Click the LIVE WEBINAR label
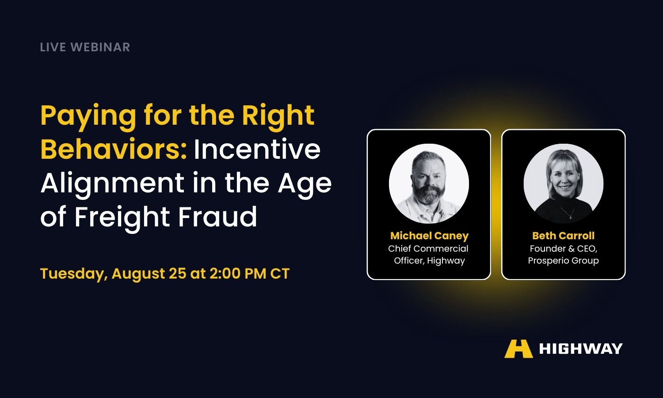pos(85,47)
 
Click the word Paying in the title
pos(88,116)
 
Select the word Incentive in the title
pos(257,149)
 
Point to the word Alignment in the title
pos(112,184)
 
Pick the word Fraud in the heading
pos(217,216)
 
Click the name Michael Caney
pos(430,236)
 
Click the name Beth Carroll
pos(563,236)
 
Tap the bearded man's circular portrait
pos(429,184)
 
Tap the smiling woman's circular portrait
pos(564,184)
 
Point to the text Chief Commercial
pos(428,249)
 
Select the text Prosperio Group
pos(563,260)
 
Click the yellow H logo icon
pos(518,349)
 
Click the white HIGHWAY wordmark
pos(581,349)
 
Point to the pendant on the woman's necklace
pos(571,218)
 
